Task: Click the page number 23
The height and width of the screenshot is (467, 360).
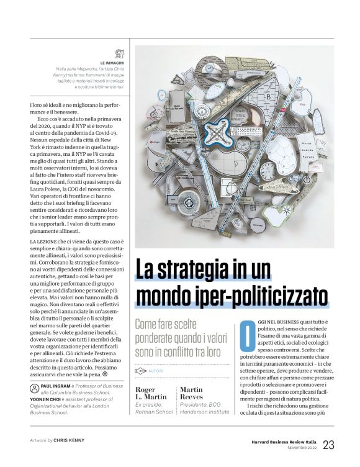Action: pos(329,444)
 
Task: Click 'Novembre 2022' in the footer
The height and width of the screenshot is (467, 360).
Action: pos(294,447)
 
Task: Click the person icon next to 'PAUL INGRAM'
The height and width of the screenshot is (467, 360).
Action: pos(34,385)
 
